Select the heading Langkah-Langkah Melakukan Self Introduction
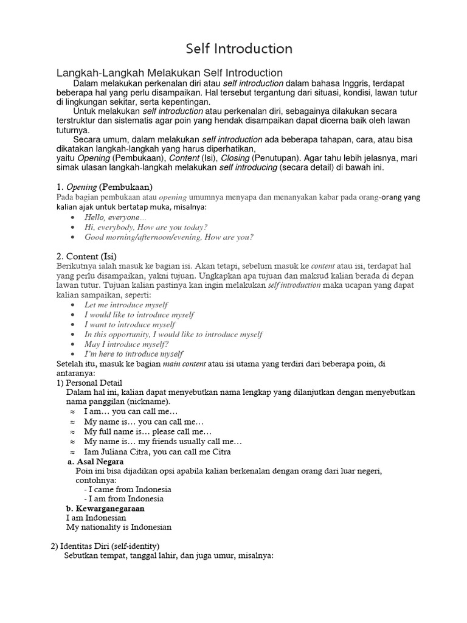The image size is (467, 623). tap(170, 73)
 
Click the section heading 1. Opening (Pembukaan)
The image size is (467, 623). tap(104, 186)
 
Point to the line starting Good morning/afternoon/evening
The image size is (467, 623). tap(169, 237)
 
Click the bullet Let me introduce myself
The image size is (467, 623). tap(126, 304)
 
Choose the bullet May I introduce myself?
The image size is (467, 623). tap(126, 344)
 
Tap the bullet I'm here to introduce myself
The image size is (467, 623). tap(134, 353)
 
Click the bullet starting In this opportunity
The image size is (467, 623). tap(173, 334)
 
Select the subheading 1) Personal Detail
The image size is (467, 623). tap(85, 383)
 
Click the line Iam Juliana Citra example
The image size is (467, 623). tap(157, 451)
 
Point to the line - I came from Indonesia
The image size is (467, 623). tap(128, 489)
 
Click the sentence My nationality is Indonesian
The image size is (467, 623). tap(119, 527)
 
